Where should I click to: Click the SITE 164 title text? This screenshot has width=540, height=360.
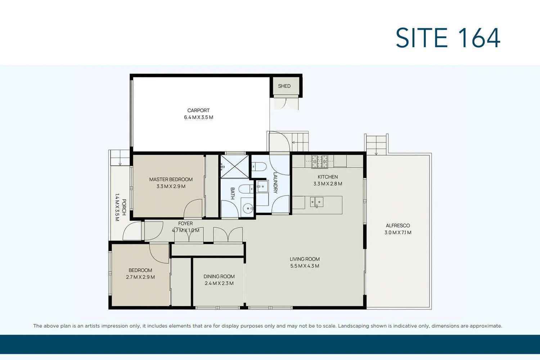(448, 38)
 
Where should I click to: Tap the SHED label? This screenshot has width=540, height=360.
(284, 86)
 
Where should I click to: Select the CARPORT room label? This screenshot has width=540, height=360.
(198, 111)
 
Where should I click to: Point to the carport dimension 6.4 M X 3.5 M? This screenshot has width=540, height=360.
(198, 117)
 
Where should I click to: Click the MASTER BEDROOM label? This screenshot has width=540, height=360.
(171, 179)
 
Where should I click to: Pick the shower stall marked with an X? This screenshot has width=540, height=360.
(234, 166)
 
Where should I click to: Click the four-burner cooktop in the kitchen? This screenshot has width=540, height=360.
(320, 162)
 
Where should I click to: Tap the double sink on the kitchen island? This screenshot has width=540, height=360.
(317, 202)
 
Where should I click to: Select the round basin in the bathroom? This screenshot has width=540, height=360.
(248, 208)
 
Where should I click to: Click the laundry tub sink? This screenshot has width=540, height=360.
(262, 187)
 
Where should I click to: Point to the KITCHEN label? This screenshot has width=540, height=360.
(328, 177)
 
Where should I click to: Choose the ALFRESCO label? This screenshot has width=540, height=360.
(398, 226)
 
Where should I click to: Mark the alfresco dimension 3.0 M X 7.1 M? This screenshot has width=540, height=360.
(398, 233)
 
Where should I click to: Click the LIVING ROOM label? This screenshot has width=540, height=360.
(305, 259)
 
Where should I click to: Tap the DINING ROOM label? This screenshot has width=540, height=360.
(219, 276)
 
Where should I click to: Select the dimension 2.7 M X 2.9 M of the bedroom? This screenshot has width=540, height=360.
(140, 277)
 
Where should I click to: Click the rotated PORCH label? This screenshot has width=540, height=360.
(124, 207)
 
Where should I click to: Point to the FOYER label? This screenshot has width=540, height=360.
(185, 224)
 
